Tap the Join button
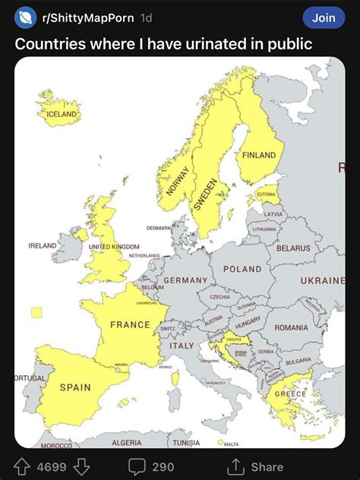coord(324,17)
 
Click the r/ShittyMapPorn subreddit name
coord(87,17)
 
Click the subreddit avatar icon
coord(27,17)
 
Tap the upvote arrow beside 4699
coord(23,466)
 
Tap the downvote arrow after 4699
coord(84,466)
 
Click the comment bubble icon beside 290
coord(137,466)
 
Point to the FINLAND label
coord(259,155)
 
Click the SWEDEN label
coord(206,194)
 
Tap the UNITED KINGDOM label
coord(114,247)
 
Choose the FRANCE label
coord(131,324)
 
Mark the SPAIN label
coord(75,387)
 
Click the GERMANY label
coord(185,280)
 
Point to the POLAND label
coord(242,269)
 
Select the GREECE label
coord(290,394)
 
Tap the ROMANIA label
coord(292,327)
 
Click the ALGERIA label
coord(126,442)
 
